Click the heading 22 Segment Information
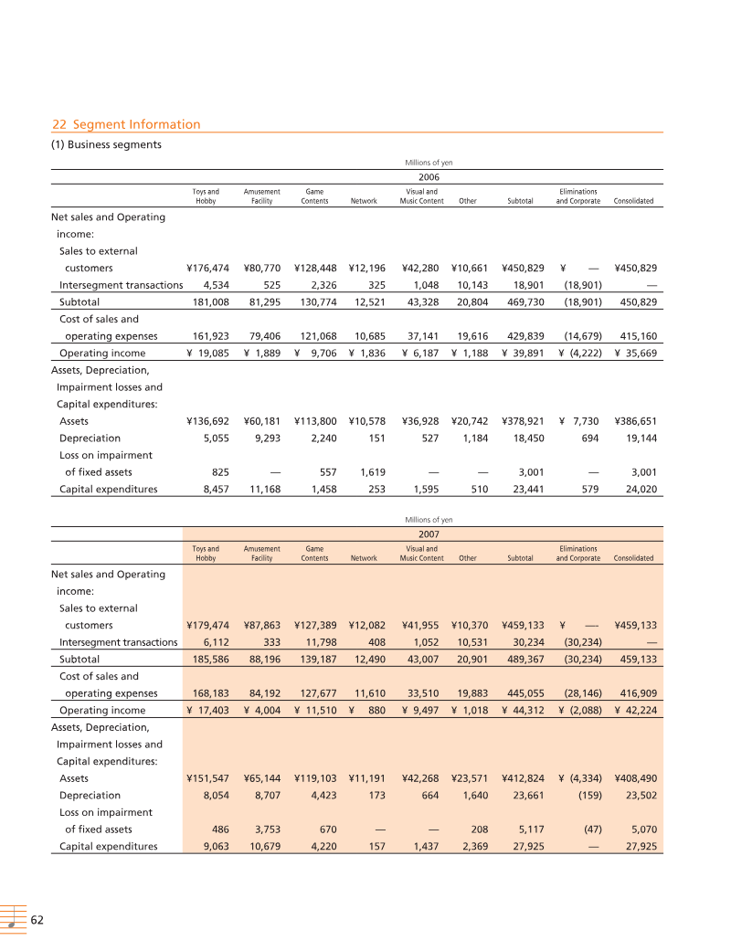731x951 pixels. [x=126, y=124]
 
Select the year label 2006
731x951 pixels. [x=429, y=177]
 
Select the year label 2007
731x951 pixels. [x=429, y=534]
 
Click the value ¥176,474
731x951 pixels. [x=207, y=269]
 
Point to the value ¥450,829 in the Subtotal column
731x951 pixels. [x=523, y=269]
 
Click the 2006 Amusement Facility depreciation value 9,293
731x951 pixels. [x=262, y=439]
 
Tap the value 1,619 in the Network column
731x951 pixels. [x=363, y=472]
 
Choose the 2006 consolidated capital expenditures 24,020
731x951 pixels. [x=638, y=489]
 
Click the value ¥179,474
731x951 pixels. [x=207, y=626]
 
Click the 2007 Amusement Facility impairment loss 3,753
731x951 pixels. [x=262, y=829]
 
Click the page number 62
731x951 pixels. [x=37, y=920]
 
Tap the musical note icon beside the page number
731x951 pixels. [x=13, y=920]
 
